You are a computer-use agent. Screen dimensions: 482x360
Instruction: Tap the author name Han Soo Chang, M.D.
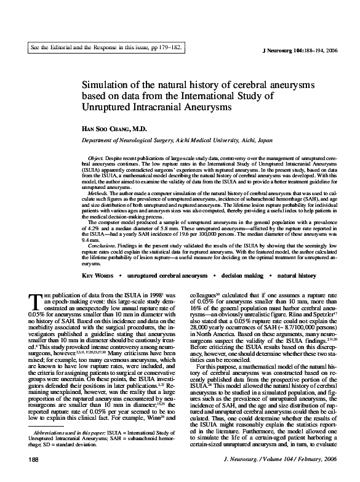121,131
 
